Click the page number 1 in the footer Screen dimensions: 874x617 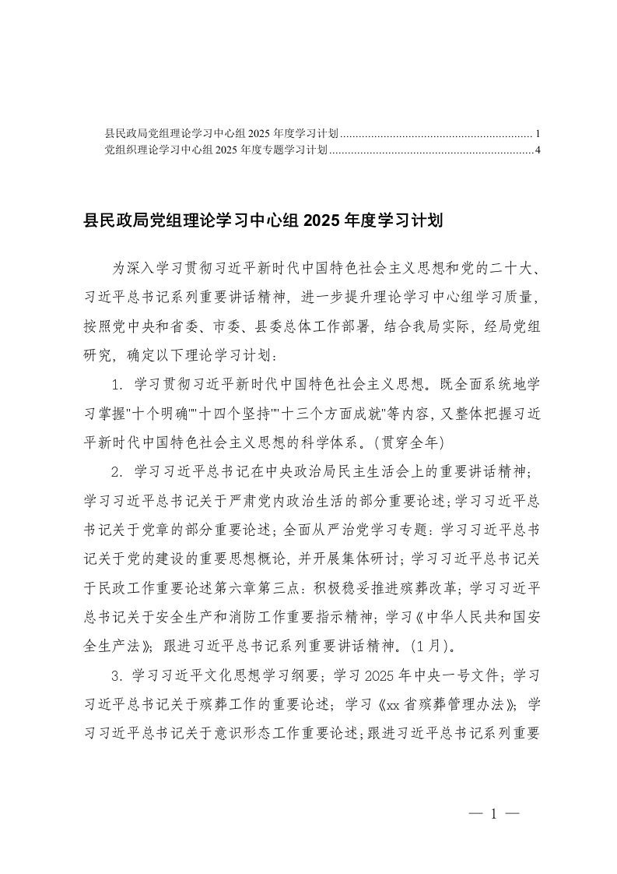(494, 813)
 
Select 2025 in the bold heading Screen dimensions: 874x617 (318, 221)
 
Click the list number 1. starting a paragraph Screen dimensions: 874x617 (117, 383)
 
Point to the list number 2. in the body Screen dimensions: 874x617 (117, 471)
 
